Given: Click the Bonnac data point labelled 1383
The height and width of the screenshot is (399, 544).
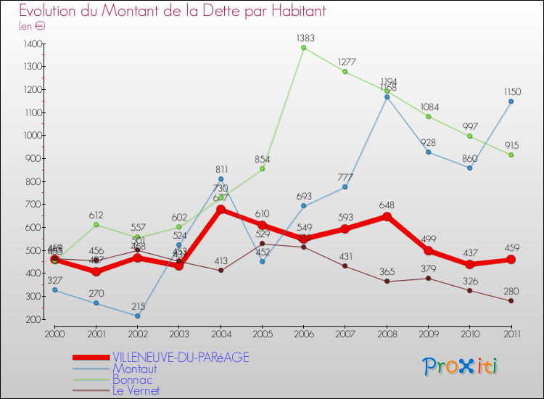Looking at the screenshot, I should point(303,48).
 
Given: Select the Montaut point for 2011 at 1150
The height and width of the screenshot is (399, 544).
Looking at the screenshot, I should point(511,102).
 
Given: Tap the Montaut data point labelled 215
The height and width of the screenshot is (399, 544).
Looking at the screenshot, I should point(137,316).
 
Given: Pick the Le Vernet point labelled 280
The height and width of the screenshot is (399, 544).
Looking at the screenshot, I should point(511,301).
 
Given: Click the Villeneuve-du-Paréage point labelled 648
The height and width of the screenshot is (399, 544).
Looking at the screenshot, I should point(387,216).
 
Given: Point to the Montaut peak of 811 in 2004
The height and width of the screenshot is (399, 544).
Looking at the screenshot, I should point(221,179).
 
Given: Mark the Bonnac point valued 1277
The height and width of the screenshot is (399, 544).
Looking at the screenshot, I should point(345,72).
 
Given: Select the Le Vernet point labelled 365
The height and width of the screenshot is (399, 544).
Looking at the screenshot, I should point(387,281).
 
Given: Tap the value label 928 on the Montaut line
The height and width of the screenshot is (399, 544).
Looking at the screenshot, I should point(428,142).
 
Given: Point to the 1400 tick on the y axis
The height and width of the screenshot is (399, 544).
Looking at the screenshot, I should point(32,44).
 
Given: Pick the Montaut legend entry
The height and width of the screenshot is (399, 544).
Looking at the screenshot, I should point(134,369).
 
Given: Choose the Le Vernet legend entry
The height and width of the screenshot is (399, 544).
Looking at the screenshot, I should point(136,391).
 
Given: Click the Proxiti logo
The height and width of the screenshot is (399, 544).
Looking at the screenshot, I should point(461,366).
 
